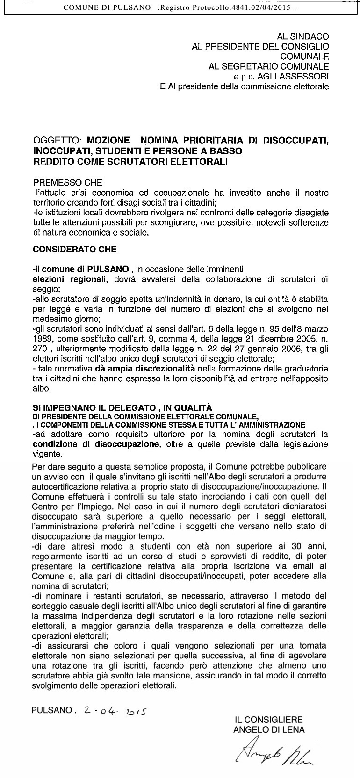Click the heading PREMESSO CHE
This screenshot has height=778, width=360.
click(x=67, y=183)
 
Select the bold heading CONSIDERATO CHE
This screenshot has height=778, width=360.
click(x=75, y=250)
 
